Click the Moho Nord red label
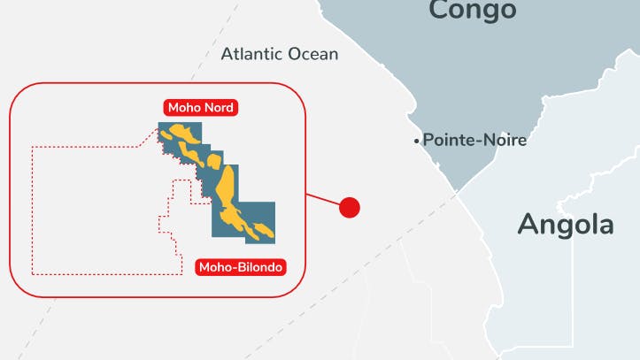point(201,109)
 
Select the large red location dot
point(350,208)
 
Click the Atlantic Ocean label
point(280,54)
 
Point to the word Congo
point(472,11)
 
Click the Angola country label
point(565,224)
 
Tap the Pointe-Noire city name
point(474,140)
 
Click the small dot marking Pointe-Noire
point(416,141)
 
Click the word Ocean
point(313,54)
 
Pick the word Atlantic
point(252,54)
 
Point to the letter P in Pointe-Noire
point(428,140)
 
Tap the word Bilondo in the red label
point(258,265)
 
